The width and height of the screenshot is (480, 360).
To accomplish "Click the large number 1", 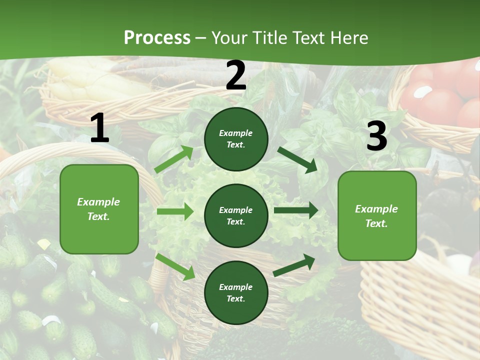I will point(99,129).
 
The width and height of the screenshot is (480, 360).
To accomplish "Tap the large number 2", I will point(236,76).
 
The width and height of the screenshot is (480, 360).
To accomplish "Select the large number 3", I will point(376,136).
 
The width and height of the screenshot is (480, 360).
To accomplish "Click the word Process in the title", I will point(157,38).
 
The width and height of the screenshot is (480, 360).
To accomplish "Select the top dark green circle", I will point(236,139).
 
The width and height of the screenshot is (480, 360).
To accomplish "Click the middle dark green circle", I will point(236,215).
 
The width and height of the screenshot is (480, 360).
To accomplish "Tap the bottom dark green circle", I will point(236,292).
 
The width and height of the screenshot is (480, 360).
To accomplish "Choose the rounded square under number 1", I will point(99,209).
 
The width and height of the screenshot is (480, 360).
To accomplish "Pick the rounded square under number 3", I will point(377,215).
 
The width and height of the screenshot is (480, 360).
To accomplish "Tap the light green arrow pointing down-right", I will point(175,266).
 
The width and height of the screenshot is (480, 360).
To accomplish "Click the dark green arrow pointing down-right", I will point(297,159).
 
